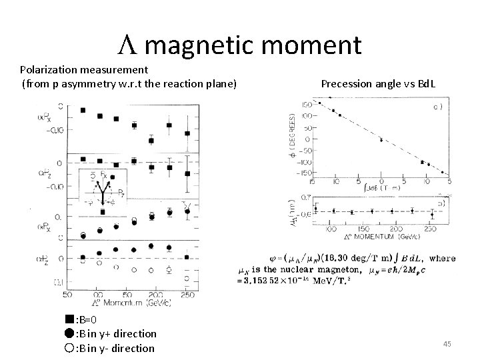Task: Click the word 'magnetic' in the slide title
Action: click(202, 46)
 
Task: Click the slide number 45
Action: click(447, 343)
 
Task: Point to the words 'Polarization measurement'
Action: click(83, 69)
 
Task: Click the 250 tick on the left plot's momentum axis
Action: click(187, 295)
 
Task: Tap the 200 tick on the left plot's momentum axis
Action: click(154, 295)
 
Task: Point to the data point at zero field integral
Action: click(381, 140)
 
